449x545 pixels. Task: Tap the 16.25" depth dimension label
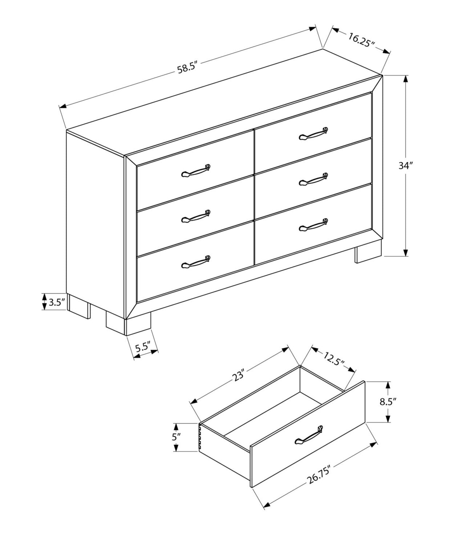(361, 40)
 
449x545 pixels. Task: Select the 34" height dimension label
(406, 165)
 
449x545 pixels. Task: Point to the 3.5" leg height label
(57, 303)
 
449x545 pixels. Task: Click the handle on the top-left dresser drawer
(196, 171)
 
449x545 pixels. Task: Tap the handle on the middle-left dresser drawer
(196, 216)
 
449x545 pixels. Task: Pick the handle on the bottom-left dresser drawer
(196, 262)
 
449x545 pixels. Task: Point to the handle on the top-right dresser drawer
(313, 134)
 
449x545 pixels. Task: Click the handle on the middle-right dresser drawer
(313, 179)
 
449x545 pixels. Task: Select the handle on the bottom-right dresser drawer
(313, 225)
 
